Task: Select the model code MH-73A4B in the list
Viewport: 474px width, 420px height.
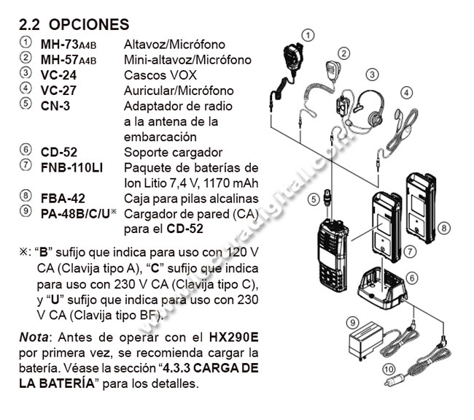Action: (x=74, y=45)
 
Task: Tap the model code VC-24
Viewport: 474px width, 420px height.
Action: (x=59, y=75)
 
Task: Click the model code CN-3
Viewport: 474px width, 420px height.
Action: (x=55, y=106)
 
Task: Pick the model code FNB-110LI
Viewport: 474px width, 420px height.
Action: (x=71, y=167)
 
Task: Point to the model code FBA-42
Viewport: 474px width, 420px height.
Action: (x=63, y=198)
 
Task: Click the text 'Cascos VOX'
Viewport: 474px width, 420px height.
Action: (x=155, y=75)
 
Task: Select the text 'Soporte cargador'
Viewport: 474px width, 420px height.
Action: (x=173, y=151)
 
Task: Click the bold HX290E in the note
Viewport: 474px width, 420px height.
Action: (x=233, y=341)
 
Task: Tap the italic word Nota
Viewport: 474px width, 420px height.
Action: (x=34, y=341)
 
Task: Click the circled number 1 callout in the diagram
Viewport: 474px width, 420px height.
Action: (x=309, y=34)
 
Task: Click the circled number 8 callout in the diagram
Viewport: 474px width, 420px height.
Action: (x=443, y=228)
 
